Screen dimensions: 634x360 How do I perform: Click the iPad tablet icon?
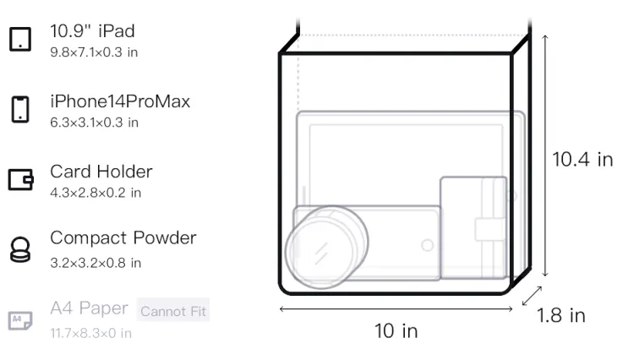coord(20,39)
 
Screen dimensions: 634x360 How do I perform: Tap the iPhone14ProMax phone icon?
coord(20,109)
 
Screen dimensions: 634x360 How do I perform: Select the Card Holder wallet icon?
coord(20,179)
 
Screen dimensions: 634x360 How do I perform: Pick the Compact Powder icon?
coord(20,249)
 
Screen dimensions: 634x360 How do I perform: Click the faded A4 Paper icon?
coord(20,320)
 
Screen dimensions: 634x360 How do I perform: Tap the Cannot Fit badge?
coord(173,311)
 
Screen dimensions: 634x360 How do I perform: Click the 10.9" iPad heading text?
coord(92,31)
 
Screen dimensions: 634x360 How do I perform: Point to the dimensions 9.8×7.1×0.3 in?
coord(94,52)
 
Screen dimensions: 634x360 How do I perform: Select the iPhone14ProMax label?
coord(120,101)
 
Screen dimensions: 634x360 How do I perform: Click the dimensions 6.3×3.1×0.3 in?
coord(94,123)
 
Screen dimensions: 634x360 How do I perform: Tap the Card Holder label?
coord(101,172)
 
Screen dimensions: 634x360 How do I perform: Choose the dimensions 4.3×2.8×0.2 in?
coord(96,193)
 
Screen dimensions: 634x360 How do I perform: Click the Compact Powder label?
coord(123,238)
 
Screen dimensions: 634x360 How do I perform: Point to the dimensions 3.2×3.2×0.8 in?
coord(96,263)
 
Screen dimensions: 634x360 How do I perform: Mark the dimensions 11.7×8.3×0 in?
coord(91,333)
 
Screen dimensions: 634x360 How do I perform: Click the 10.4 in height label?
coord(582,159)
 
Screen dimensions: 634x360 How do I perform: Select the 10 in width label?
coord(396,331)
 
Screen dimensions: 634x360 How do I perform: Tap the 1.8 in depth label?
coord(561,315)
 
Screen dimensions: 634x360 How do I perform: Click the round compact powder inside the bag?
coord(326,248)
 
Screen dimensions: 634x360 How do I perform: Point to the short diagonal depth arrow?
coord(532,296)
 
